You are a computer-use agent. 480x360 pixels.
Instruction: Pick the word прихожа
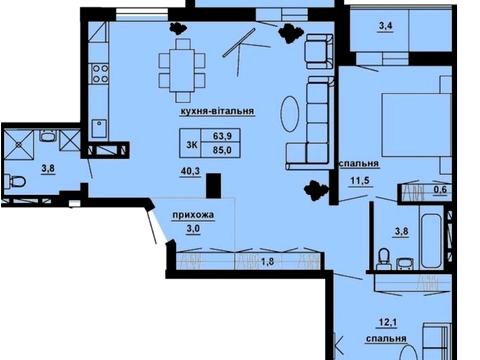pyautogui.click(x=192, y=215)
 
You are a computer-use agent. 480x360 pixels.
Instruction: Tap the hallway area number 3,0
pyautogui.click(x=191, y=230)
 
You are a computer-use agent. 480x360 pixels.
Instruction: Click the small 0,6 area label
pyautogui.click(x=441, y=188)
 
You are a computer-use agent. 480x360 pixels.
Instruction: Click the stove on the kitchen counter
pyautogui.click(x=100, y=73)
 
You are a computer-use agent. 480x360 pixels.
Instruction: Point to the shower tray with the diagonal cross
pyautogui.click(x=19, y=147)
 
